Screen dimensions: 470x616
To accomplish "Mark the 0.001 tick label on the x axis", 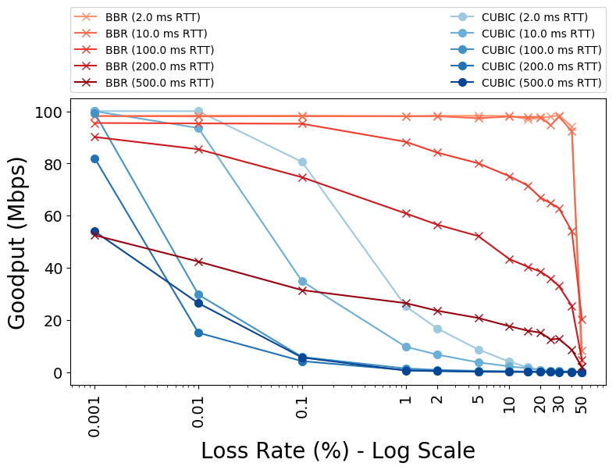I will coord(94,415).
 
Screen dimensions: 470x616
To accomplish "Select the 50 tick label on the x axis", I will coord(582,401).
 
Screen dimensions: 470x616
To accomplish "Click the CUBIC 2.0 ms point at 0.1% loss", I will coord(302,162).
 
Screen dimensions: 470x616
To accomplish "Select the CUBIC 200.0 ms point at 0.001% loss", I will coord(94,158).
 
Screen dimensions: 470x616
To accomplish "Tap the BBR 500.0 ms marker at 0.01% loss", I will coord(198,262).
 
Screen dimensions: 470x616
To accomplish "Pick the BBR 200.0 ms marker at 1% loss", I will coord(406,213).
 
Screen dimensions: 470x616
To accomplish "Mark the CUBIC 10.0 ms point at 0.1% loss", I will coord(302,281).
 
